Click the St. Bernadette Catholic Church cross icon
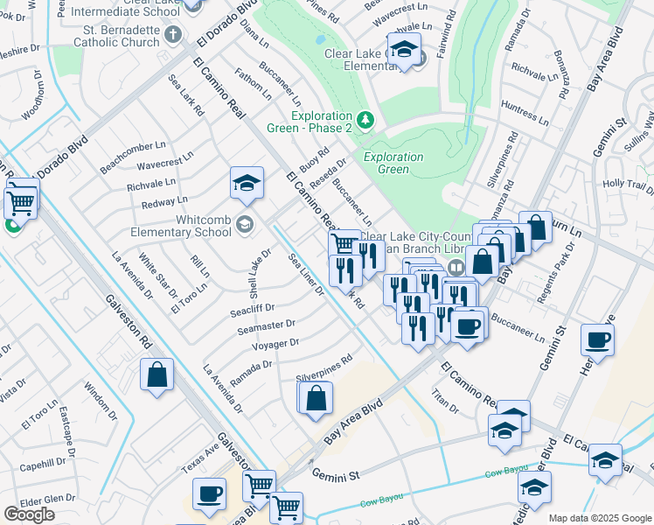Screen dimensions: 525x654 [172, 35]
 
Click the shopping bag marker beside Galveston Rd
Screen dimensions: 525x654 [157, 374]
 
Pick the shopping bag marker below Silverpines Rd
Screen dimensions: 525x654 [317, 397]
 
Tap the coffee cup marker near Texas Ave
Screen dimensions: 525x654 [209, 494]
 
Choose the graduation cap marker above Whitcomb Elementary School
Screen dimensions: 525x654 [247, 183]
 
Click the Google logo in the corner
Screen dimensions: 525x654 [29, 514]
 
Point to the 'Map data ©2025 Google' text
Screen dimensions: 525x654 [599, 518]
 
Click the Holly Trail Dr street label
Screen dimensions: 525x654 [634, 185]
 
